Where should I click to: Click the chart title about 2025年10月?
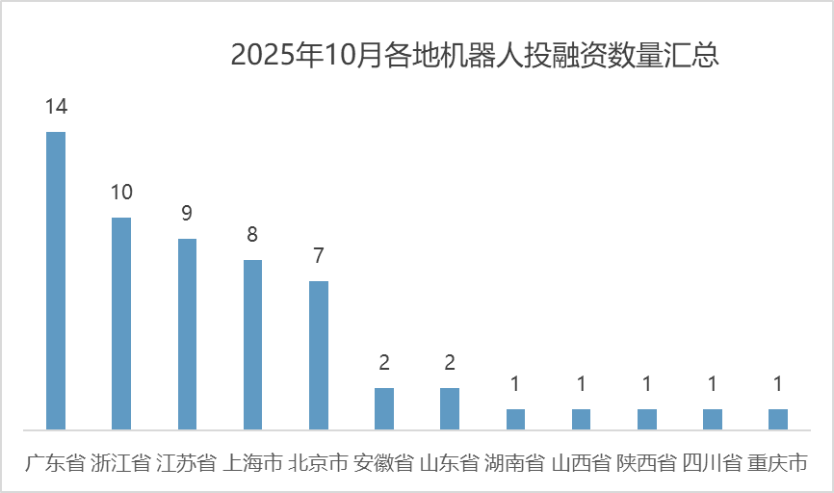(475, 55)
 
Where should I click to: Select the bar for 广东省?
(56, 280)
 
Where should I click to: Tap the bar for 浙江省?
(121, 324)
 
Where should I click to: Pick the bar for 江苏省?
(187, 334)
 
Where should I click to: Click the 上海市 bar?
(252, 345)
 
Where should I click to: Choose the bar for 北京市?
(319, 355)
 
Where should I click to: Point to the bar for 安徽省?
(384, 408)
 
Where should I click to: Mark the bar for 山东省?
(450, 408)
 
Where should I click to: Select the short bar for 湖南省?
(516, 419)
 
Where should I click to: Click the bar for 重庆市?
(778, 419)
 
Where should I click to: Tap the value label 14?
(56, 106)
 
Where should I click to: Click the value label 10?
(121, 193)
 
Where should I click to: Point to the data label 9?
(187, 214)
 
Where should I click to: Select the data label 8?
(252, 235)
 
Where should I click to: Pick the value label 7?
(319, 256)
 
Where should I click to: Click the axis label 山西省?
(581, 463)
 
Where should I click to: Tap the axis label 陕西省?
(646, 463)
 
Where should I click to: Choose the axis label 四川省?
(713, 463)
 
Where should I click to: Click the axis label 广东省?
(56, 463)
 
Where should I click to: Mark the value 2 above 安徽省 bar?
(384, 363)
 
